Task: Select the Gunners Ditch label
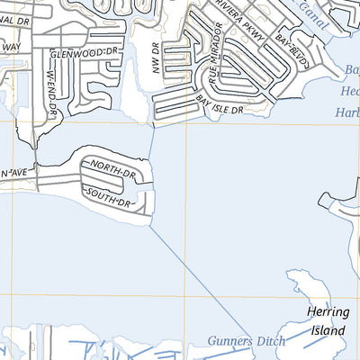[246, 340]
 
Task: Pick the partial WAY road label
[10, 46]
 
